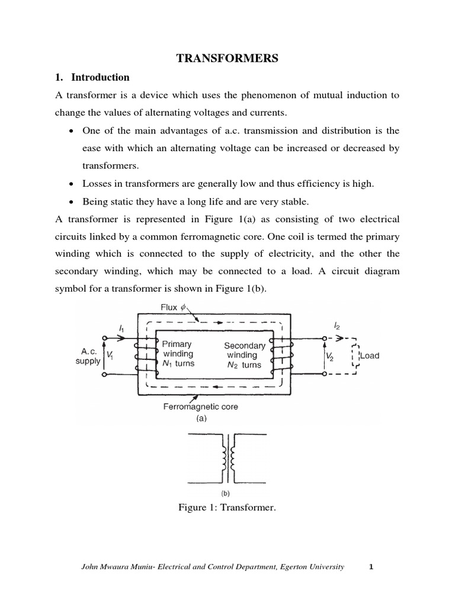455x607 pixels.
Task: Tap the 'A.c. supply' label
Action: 88,356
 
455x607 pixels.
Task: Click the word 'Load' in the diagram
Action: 369,356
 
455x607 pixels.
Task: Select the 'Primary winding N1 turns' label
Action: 177,353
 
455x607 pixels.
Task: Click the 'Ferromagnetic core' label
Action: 201,407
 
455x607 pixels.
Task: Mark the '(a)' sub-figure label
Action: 201,418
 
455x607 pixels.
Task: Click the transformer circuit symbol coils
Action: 227,458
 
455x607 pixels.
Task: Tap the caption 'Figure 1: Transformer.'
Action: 227,508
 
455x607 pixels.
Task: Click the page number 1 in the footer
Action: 370,567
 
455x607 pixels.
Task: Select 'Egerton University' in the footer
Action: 311,567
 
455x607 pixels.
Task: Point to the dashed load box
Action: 355,356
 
